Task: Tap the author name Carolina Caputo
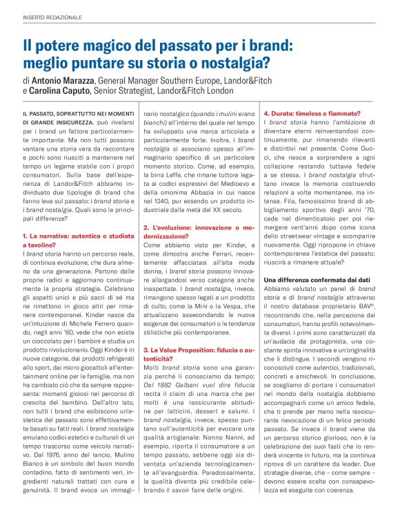[x=60, y=91]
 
